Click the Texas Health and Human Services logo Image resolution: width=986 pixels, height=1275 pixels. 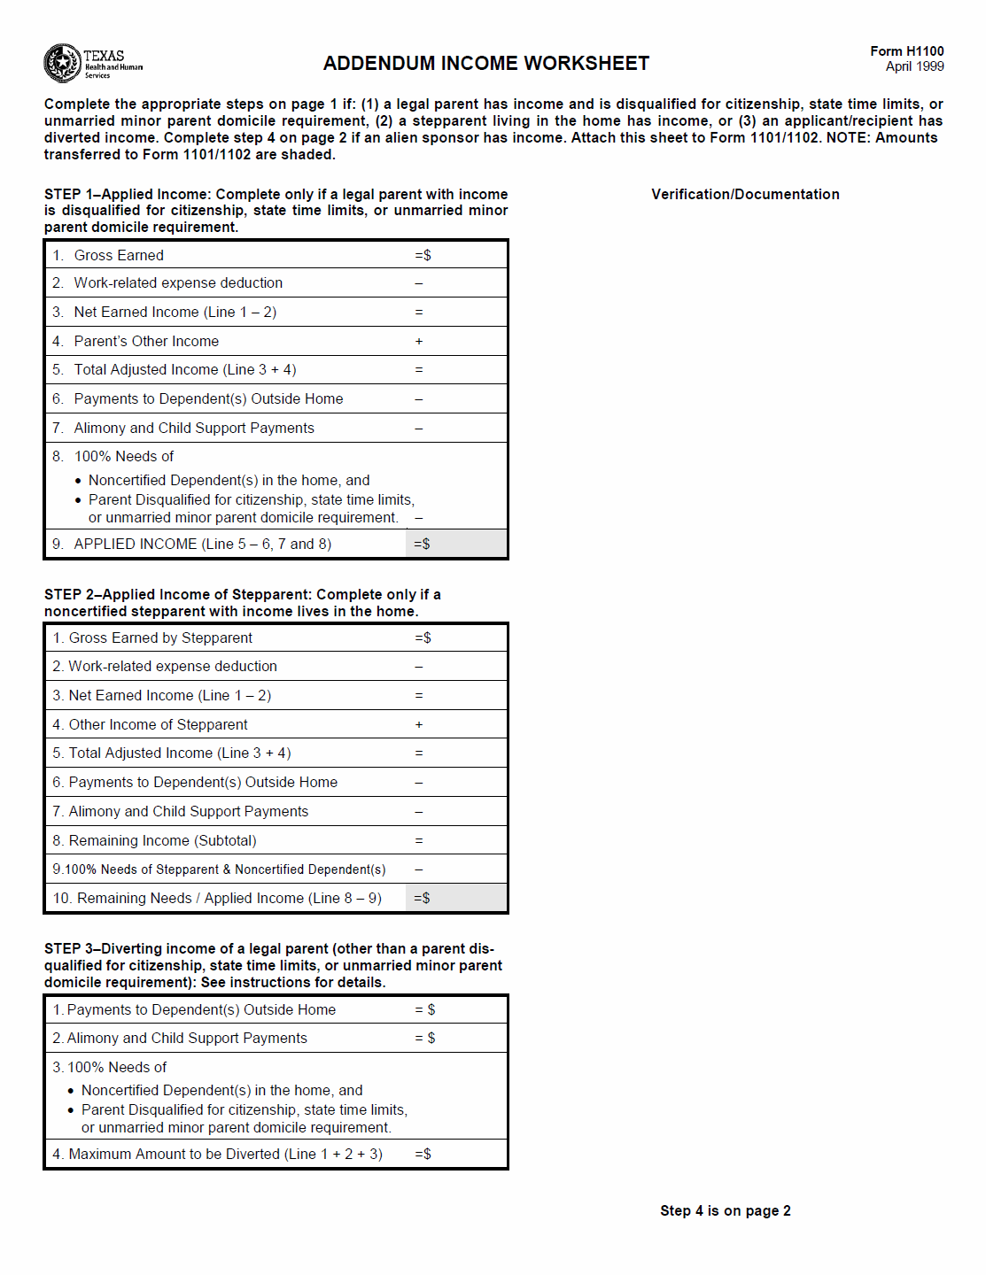pos(92,63)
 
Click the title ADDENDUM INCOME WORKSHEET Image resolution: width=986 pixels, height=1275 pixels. pos(485,64)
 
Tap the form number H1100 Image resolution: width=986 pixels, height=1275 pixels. pos(906,51)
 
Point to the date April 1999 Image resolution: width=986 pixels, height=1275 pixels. pos(914,66)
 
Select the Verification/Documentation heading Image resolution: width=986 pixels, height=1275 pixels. pos(745,195)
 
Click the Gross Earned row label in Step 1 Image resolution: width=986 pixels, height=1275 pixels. pos(119,256)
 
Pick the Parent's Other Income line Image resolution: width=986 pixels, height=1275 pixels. pos(146,342)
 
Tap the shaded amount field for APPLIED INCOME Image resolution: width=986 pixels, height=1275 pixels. pos(456,545)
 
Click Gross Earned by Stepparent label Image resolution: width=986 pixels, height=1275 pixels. pos(160,638)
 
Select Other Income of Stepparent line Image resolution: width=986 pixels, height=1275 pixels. pos(158,725)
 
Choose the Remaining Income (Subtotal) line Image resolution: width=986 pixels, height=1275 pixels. pos(162,841)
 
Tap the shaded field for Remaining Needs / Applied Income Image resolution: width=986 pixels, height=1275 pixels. pos(456,899)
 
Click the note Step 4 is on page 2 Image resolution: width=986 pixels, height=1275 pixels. pos(725,1211)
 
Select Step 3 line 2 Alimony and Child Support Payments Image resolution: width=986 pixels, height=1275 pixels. pos(186,1039)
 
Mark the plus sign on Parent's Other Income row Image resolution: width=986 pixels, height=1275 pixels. pos(419,342)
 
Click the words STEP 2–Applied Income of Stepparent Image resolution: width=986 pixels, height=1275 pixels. pos(177,595)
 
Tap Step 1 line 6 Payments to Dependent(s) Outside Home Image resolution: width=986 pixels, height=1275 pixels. pos(208,399)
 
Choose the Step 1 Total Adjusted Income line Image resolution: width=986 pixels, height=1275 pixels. pos(184,370)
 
